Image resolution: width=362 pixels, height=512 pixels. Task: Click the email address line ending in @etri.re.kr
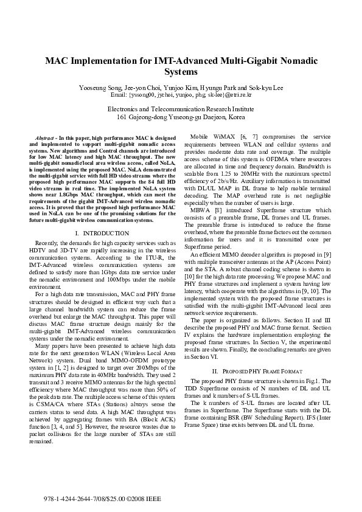click(181, 95)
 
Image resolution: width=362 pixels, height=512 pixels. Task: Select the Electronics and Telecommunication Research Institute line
click(181, 108)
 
